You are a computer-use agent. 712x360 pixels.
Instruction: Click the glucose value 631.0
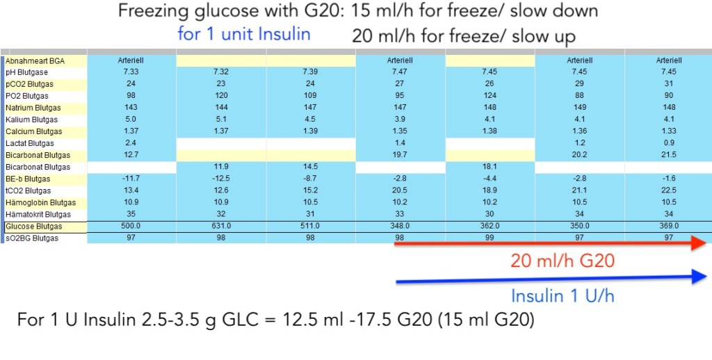point(221,227)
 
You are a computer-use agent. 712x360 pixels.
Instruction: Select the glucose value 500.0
point(132,227)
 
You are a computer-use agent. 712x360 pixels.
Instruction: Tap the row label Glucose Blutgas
point(33,227)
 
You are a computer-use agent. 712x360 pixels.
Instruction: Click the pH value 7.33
point(132,72)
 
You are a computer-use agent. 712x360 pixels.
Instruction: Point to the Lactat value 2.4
point(132,143)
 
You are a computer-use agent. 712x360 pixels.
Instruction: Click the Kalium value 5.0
point(132,120)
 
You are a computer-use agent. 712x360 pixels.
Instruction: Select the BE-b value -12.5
point(221,179)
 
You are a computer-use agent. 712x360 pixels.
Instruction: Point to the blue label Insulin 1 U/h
point(563,295)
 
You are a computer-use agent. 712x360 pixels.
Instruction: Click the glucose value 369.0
point(668,227)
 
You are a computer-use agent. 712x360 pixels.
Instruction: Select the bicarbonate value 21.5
point(668,155)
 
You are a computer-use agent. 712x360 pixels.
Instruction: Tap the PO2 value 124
point(489,96)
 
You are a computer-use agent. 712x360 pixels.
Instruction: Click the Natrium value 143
point(132,108)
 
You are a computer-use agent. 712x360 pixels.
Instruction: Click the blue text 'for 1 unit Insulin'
point(243,34)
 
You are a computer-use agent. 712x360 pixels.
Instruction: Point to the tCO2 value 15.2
point(311,191)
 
